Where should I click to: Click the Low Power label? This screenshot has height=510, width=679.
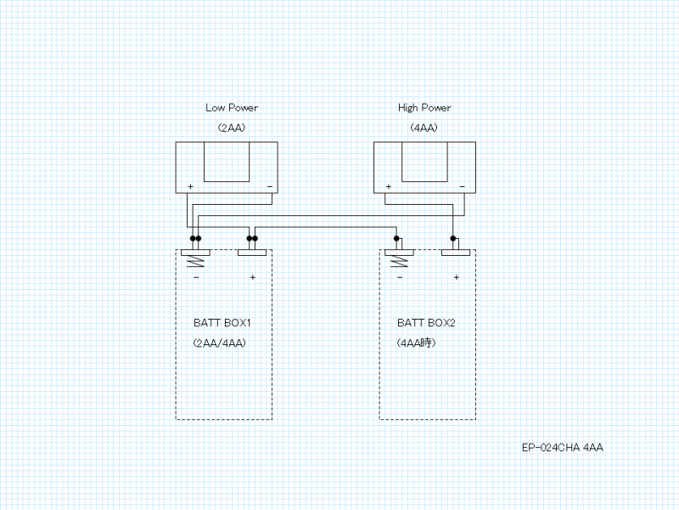pyautogui.click(x=232, y=108)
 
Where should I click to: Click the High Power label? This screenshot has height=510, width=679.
pyautogui.click(x=424, y=108)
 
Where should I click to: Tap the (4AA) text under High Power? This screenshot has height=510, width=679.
pyautogui.click(x=424, y=128)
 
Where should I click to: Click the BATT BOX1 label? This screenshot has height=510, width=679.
pyautogui.click(x=223, y=324)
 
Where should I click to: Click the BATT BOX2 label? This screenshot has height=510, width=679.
pyautogui.click(x=427, y=324)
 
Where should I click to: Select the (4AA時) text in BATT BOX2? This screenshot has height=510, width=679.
pyautogui.click(x=416, y=344)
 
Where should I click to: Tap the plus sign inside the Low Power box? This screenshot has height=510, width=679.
pyautogui.click(x=190, y=187)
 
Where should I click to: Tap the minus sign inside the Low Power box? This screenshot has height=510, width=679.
pyautogui.click(x=269, y=187)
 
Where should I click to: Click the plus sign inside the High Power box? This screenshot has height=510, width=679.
pyautogui.click(x=388, y=187)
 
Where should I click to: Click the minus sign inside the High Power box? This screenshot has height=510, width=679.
pyautogui.click(x=463, y=187)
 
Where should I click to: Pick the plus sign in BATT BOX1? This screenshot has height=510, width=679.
pyautogui.click(x=252, y=278)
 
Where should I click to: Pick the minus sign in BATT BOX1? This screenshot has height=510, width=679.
pyautogui.click(x=196, y=278)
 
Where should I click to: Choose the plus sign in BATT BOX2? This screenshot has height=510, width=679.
pyautogui.click(x=456, y=278)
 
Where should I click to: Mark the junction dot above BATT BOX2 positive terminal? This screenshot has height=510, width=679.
pyautogui.click(x=453, y=239)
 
